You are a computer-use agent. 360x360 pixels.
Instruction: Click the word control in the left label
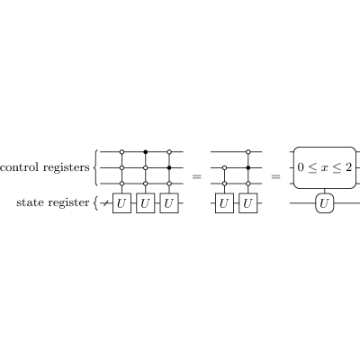pyautogui.click(x=20, y=167)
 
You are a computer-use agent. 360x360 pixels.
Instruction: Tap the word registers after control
pyautogui.click(x=67, y=167)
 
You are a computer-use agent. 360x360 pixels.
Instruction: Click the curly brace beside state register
pyautogui.click(x=95, y=203)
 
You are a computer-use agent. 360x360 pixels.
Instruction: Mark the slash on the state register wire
pyautogui.click(x=105, y=203)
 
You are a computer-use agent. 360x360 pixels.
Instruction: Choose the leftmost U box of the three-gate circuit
pyautogui.click(x=121, y=203)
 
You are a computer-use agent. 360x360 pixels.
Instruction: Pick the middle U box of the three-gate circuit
pyautogui.click(x=146, y=203)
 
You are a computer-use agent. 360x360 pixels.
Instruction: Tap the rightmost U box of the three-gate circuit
pyautogui.click(x=169, y=203)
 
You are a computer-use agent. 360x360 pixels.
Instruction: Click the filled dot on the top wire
pyautogui.click(x=146, y=152)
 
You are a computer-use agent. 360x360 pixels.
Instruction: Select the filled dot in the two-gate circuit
pyautogui.click(x=248, y=167)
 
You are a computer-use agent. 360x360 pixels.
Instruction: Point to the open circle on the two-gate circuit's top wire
pyautogui.click(x=248, y=152)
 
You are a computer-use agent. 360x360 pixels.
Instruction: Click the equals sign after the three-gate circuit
pyautogui.click(x=197, y=176)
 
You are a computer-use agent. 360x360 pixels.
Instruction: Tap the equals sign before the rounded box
pyautogui.click(x=275, y=176)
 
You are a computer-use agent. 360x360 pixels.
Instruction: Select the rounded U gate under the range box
pyautogui.click(x=325, y=203)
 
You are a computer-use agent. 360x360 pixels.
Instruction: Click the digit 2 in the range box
pyautogui.click(x=348, y=167)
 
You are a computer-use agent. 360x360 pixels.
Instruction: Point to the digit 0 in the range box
pyautogui.click(x=301, y=167)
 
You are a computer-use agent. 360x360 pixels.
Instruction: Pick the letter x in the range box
pyautogui.click(x=324, y=168)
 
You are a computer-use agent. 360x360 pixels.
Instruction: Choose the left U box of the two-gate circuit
pyautogui.click(x=224, y=203)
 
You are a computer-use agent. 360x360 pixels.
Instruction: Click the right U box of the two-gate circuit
pyautogui.click(x=248, y=203)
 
